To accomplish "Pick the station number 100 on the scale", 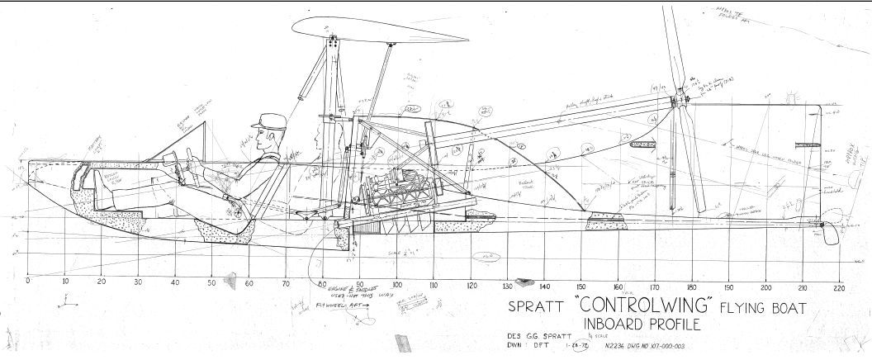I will [x=396, y=286].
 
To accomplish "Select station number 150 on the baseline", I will [x=581, y=287].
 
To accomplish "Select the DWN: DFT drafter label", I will [x=527, y=346].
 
